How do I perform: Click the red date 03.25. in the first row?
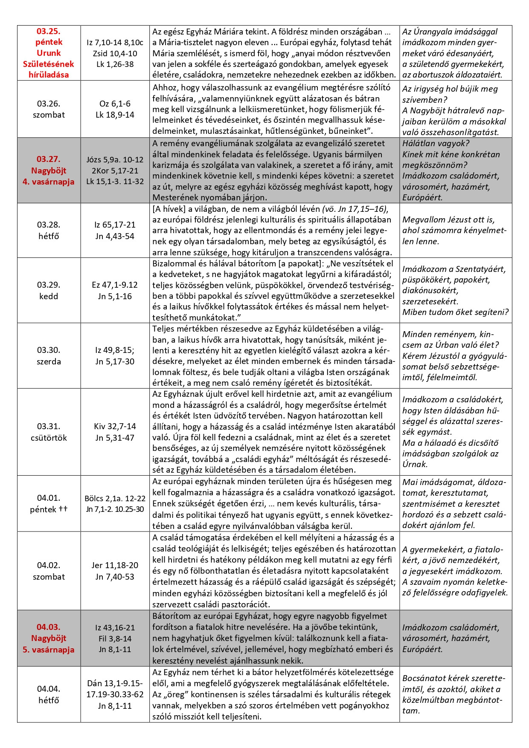click(49, 31)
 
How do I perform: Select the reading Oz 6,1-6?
click(115, 104)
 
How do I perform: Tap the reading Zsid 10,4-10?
click(115, 53)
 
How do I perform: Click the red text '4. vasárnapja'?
click(49, 182)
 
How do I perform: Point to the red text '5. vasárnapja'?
click(49, 650)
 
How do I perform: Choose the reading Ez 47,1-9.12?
click(115, 285)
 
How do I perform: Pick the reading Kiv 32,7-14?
click(115, 426)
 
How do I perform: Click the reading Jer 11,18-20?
click(115, 565)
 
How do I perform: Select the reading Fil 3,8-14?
click(115, 638)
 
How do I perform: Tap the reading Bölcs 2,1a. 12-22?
click(115, 498)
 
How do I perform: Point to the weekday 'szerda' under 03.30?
click(49, 361)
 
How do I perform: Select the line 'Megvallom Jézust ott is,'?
click(448, 219)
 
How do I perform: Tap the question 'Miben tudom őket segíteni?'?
click(455, 312)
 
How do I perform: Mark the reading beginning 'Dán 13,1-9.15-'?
click(115, 683)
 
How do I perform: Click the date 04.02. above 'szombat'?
click(49, 565)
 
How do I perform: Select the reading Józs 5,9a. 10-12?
click(115, 160)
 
